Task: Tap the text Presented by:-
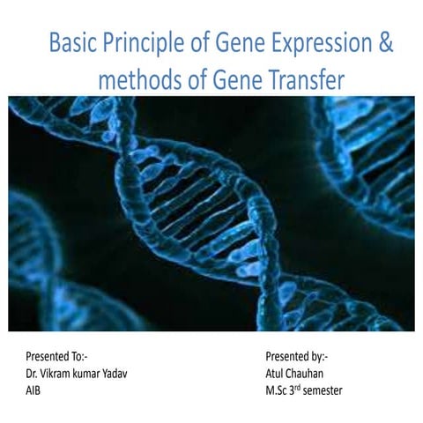(x=296, y=358)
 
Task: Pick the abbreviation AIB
(x=33, y=390)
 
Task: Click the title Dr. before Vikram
(x=33, y=374)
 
